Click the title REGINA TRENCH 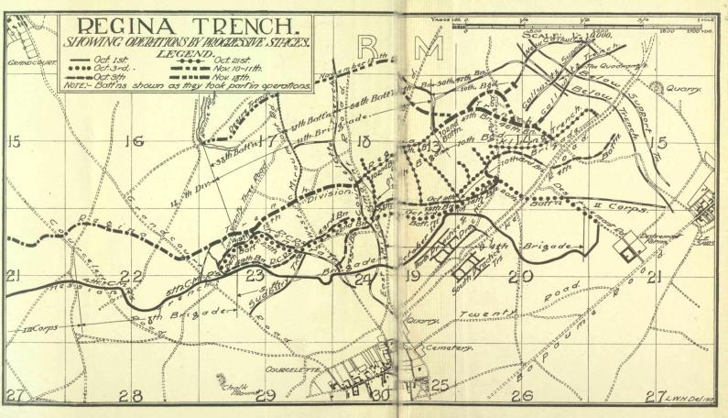coord(183,27)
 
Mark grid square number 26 coord(521,396)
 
